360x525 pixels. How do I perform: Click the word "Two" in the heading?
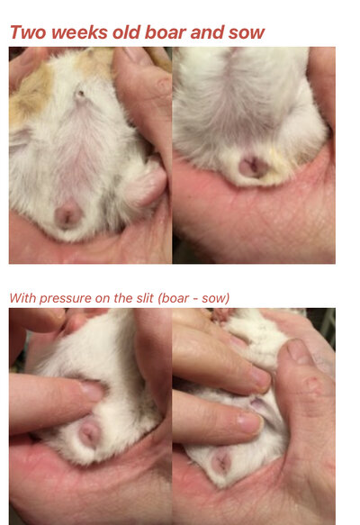[28, 32]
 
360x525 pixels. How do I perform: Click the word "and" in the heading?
[207, 32]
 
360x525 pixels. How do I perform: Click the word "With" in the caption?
[22, 298]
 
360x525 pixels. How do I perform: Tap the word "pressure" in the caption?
[66, 299]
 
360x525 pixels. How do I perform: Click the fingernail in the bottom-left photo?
[91, 391]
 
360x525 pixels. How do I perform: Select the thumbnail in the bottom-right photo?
[300, 353]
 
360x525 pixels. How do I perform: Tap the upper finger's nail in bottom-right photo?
[260, 377]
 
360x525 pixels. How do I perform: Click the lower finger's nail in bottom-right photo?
[250, 422]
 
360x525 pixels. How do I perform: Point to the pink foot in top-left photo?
[148, 185]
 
